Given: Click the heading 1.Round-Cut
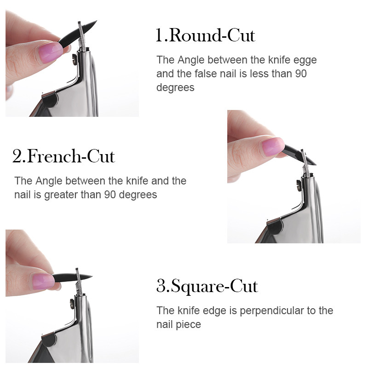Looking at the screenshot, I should (x=205, y=35).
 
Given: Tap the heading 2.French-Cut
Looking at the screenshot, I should (x=63, y=157).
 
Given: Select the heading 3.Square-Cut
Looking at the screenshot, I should (x=207, y=286).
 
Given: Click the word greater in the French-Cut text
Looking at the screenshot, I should (x=61, y=195).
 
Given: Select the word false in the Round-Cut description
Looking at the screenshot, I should (x=203, y=74).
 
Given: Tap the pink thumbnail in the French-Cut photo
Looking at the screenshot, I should (x=272, y=146).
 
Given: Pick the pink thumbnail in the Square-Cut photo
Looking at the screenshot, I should (x=43, y=279).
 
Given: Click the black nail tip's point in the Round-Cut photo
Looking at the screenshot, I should (x=96, y=22).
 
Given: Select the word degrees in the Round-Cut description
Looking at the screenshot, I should (x=175, y=87).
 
